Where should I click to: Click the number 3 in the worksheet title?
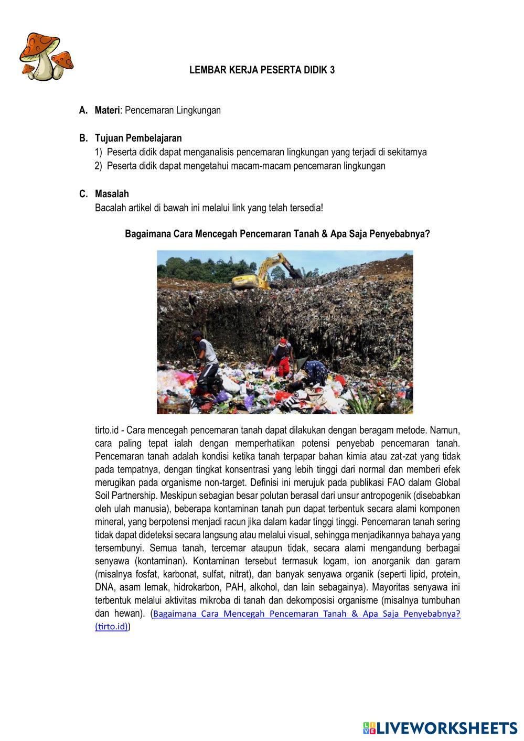click(332, 70)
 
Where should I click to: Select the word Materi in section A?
click(108, 110)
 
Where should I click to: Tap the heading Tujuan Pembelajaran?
click(138, 138)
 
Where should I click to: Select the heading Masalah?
click(112, 194)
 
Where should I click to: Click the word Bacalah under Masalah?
click(110, 208)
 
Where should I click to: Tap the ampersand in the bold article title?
click(324, 234)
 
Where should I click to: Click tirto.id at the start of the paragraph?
click(106, 431)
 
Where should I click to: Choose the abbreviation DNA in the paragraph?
click(104, 587)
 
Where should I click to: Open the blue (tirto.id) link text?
click(112, 627)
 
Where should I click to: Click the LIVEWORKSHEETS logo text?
click(446, 727)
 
